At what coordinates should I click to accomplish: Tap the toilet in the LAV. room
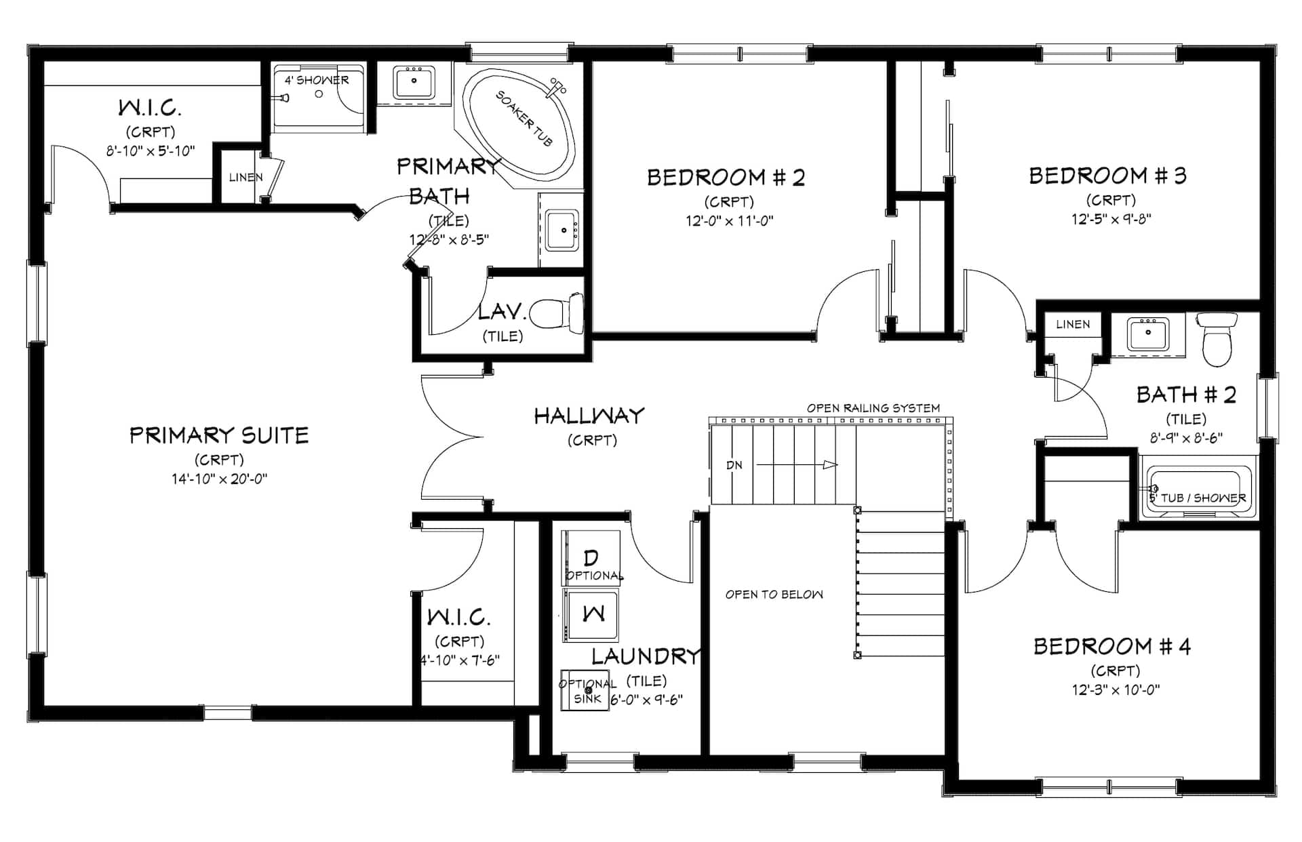click(x=557, y=314)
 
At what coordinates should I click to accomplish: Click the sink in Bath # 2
click(x=1147, y=334)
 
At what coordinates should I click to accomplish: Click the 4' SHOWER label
click(x=317, y=80)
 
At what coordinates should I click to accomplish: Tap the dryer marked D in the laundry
click(x=591, y=558)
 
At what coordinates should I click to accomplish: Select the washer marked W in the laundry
click(x=591, y=615)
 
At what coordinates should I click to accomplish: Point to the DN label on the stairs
click(x=734, y=465)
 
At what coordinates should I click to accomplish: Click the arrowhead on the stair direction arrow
click(x=831, y=465)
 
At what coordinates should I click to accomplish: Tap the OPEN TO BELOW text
click(x=774, y=595)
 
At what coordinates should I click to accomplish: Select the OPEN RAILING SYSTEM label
click(x=873, y=408)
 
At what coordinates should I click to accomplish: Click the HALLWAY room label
click(x=589, y=416)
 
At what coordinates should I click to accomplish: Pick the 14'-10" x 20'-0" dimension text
click(x=219, y=479)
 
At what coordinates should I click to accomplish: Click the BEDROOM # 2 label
click(x=726, y=178)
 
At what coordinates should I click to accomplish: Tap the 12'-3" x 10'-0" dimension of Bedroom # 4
click(x=1116, y=690)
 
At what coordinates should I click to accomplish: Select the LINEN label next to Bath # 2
click(x=1073, y=324)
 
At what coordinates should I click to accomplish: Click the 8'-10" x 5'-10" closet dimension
click(x=151, y=151)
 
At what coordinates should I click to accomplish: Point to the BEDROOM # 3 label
click(x=1108, y=176)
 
